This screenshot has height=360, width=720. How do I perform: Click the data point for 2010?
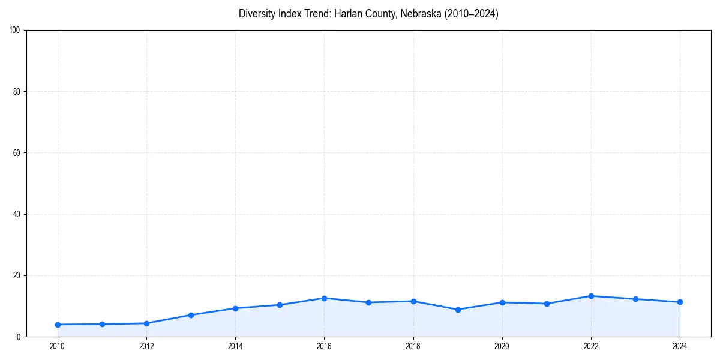click(x=58, y=325)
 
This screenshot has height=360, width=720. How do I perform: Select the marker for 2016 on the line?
click(x=324, y=298)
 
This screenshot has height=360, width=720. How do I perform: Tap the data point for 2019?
click(x=458, y=310)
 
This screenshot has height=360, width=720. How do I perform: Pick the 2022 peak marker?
click(x=591, y=296)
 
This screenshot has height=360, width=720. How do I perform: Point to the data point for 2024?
click(x=680, y=302)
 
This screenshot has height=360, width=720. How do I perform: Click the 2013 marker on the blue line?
click(x=191, y=315)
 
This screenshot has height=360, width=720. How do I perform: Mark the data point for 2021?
click(x=547, y=304)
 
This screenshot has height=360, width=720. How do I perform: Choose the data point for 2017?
click(x=368, y=302)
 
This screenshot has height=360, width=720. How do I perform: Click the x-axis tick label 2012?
click(x=146, y=346)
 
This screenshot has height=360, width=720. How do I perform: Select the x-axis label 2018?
click(x=413, y=346)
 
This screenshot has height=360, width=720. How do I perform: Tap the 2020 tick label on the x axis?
click(x=502, y=346)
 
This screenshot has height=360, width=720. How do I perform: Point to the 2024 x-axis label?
click(x=680, y=346)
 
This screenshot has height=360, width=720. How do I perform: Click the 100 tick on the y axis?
click(x=15, y=31)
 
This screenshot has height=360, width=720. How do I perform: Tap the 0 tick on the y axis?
click(x=19, y=337)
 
